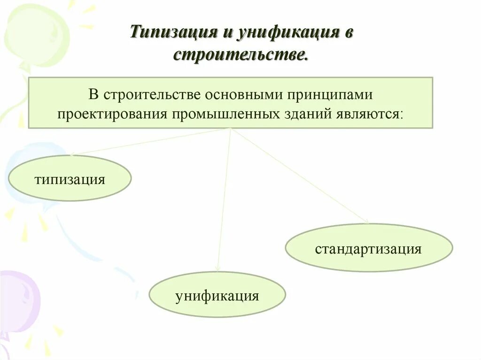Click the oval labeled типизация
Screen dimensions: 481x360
tap(70, 178)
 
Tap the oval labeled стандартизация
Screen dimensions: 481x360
tap(369, 248)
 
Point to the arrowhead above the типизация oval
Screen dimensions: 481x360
tap(72, 154)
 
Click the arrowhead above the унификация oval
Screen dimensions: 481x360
tap(217, 269)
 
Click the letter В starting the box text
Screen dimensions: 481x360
tap(93, 94)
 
